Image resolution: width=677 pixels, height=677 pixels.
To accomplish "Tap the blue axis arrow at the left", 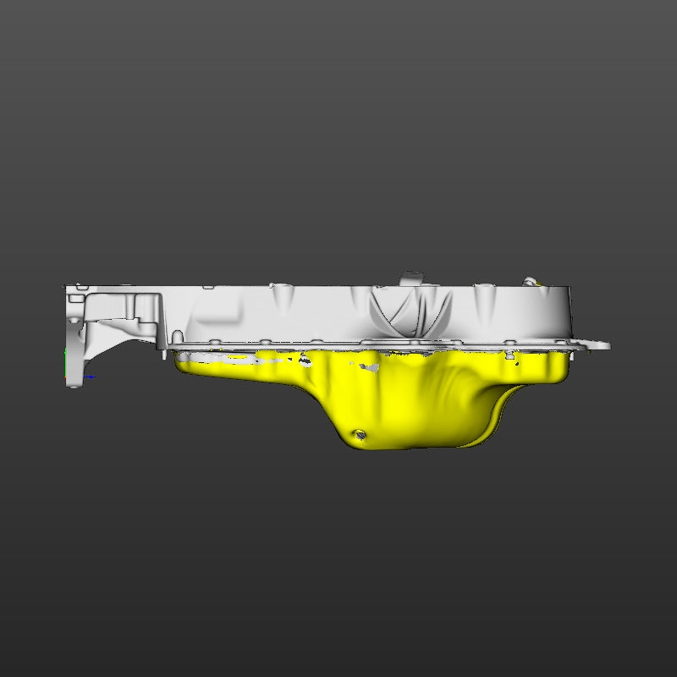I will [89, 377].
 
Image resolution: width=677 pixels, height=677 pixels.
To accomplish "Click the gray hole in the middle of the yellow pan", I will [369, 367].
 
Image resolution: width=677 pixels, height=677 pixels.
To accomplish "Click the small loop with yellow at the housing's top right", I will [531, 281].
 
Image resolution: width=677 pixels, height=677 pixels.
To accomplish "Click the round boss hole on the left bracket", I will [74, 322].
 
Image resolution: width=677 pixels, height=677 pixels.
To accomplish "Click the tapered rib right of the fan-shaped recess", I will [483, 300].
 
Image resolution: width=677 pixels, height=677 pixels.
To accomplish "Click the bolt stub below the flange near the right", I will [510, 354].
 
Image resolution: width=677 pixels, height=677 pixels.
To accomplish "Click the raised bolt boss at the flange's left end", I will [178, 338].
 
